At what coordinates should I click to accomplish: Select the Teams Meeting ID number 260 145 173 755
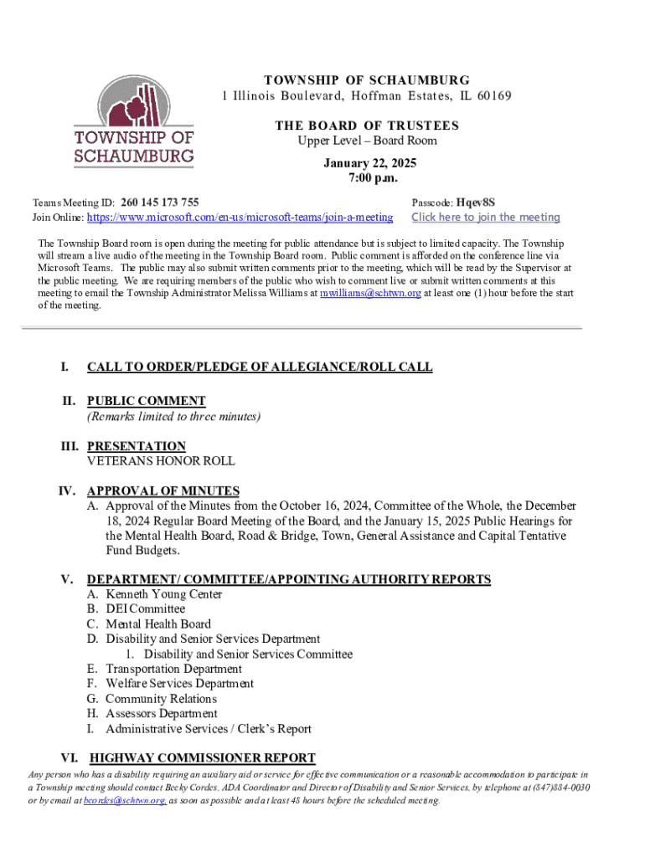point(159,203)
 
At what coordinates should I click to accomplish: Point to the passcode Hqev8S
point(477,203)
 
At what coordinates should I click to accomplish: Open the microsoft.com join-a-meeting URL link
point(240,218)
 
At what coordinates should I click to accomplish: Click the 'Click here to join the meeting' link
point(485,218)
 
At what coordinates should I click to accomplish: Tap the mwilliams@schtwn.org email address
point(370,294)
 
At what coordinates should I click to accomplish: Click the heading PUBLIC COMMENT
point(146,401)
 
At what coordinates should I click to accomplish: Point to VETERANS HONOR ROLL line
point(161,461)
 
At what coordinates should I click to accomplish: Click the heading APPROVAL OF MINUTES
point(163,491)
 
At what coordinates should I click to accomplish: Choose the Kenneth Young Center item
point(163,594)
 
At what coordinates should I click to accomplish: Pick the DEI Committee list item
point(145,609)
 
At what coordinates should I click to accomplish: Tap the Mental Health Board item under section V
point(157,624)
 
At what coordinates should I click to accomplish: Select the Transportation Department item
point(173,669)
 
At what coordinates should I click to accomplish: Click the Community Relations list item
point(161,699)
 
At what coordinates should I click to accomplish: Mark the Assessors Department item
point(161,714)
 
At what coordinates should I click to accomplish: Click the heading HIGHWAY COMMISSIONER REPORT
point(202,758)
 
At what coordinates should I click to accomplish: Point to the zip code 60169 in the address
point(492,96)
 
